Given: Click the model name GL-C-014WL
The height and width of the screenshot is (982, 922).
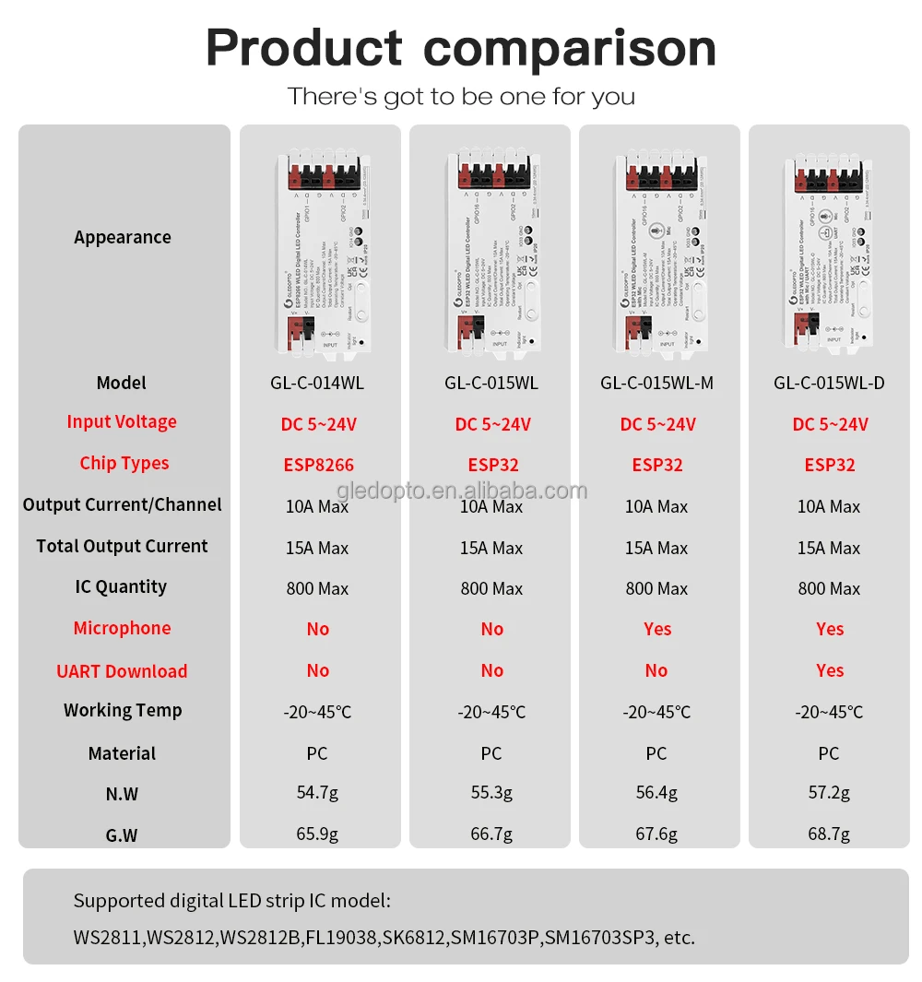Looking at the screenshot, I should point(317,383).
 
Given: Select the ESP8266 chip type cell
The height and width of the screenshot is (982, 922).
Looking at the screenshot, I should point(317,465).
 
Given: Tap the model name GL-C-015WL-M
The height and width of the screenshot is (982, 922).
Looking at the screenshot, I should point(656,383).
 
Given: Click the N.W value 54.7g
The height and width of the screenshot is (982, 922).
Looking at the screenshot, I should point(317,793).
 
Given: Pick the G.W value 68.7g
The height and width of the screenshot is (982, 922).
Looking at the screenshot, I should point(829,834).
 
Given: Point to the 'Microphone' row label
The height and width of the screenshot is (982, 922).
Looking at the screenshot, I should point(123,628).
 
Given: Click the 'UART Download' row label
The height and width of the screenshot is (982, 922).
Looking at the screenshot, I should point(122,671).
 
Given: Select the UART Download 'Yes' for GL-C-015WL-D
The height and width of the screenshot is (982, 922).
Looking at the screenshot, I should point(829,670).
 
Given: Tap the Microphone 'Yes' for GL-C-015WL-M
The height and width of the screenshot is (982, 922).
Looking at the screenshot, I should point(657,629).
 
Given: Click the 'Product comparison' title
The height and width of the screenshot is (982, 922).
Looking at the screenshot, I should point(460,47).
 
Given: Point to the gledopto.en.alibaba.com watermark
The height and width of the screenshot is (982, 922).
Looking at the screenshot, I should point(461,491).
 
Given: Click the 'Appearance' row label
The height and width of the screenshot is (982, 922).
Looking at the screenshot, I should point(123,237).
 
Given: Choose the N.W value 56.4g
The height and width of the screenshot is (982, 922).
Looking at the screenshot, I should point(656,793).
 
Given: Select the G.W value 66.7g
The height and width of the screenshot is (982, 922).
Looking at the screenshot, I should point(491,834).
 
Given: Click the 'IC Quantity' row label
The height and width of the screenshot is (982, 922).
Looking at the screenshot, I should point(122,586).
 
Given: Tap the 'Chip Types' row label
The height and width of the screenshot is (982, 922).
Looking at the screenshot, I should point(124,463).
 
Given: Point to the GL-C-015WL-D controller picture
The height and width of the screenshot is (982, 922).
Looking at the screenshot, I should point(828,254).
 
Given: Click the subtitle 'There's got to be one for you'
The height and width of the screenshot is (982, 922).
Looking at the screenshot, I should point(461,96).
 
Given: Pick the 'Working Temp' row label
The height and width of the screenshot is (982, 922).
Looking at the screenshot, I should point(123,710).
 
